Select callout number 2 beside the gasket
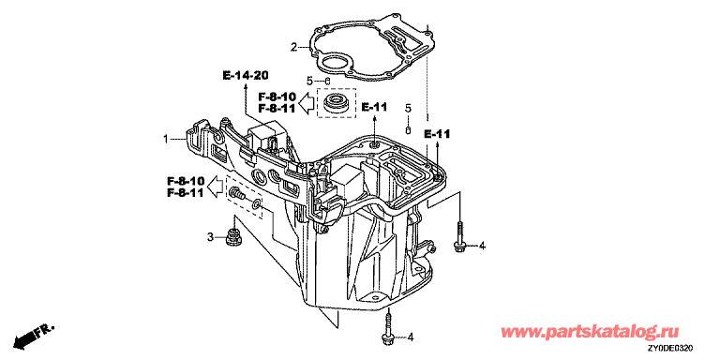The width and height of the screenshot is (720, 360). click(293, 46)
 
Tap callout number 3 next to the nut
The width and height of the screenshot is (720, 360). click(210, 237)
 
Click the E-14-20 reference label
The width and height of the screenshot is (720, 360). click(246, 75)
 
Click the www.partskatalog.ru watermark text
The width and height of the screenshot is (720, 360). click(590, 331)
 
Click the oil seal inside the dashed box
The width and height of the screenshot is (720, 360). click(337, 102)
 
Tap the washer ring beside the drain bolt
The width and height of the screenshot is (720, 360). click(257, 204)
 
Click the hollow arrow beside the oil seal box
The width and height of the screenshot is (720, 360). click(306, 102)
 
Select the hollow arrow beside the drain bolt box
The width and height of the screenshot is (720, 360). click(217, 187)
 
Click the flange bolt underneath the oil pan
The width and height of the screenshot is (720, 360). click(388, 327)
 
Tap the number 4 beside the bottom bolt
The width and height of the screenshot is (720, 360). click(411, 337)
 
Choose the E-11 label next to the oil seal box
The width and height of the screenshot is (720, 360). click(374, 108)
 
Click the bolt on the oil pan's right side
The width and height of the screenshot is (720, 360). click(458, 237)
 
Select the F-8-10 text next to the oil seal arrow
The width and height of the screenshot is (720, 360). click(277, 97)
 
